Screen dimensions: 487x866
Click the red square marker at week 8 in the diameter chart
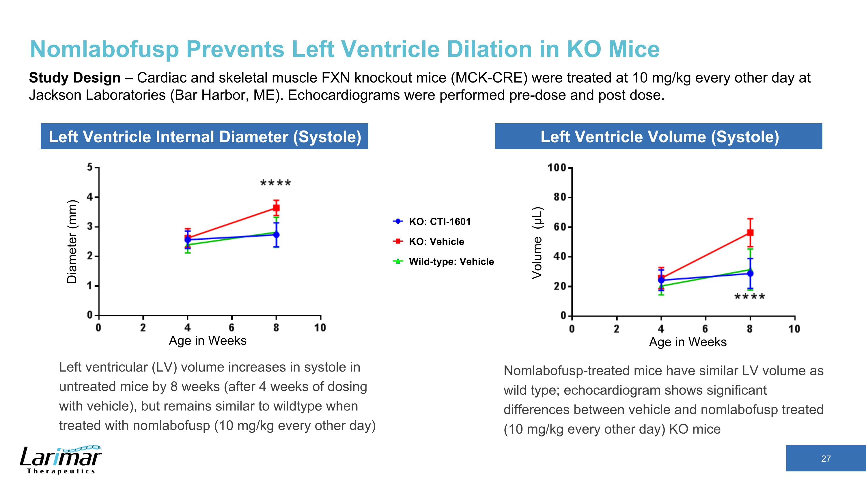click(276, 208)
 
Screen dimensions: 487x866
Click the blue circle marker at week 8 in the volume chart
click(750, 273)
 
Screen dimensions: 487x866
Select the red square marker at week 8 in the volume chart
click(750, 233)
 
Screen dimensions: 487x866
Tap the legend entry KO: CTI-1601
click(439, 221)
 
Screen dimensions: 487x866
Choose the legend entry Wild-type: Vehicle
click(451, 262)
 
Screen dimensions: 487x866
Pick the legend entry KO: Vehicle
click(436, 241)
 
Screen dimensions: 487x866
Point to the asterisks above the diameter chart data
click(276, 184)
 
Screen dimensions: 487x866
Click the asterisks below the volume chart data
click(749, 297)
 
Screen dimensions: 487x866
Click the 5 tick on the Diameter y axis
click(90, 167)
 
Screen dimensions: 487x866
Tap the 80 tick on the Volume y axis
click(559, 197)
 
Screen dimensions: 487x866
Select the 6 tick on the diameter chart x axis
click(232, 327)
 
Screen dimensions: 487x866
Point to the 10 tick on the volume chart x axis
click(794, 329)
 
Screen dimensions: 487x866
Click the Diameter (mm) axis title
click(72, 241)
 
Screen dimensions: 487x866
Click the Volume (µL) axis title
click(537, 243)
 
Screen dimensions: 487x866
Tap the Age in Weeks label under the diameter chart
click(208, 340)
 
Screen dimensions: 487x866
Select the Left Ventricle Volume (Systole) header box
click(658, 137)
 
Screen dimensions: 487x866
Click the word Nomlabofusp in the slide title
click(104, 49)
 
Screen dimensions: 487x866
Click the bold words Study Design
click(75, 78)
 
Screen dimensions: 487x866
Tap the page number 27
click(826, 459)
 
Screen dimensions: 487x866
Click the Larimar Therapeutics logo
click(61, 460)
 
